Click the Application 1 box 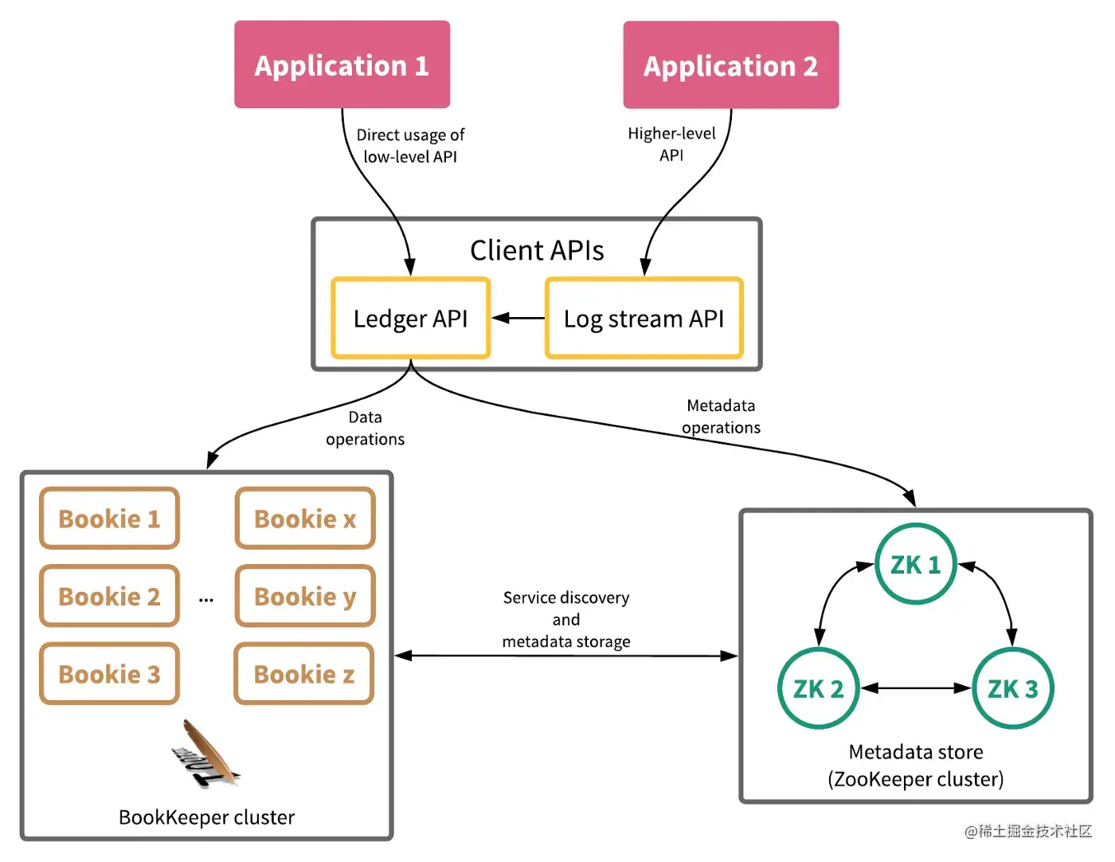(342, 65)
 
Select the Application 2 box (730, 65)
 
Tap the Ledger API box (410, 319)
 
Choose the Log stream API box (644, 319)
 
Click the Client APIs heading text (537, 250)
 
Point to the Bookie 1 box (110, 519)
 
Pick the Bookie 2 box (110, 596)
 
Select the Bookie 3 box (110, 674)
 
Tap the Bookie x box (305, 519)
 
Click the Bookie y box (305, 596)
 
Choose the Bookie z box (304, 674)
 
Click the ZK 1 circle (915, 565)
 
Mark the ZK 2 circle (818, 688)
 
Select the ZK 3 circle (1012, 688)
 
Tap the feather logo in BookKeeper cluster (205, 754)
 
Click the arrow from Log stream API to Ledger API (518, 319)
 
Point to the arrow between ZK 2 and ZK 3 (916, 688)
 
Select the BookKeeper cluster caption (206, 817)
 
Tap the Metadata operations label (721, 417)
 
